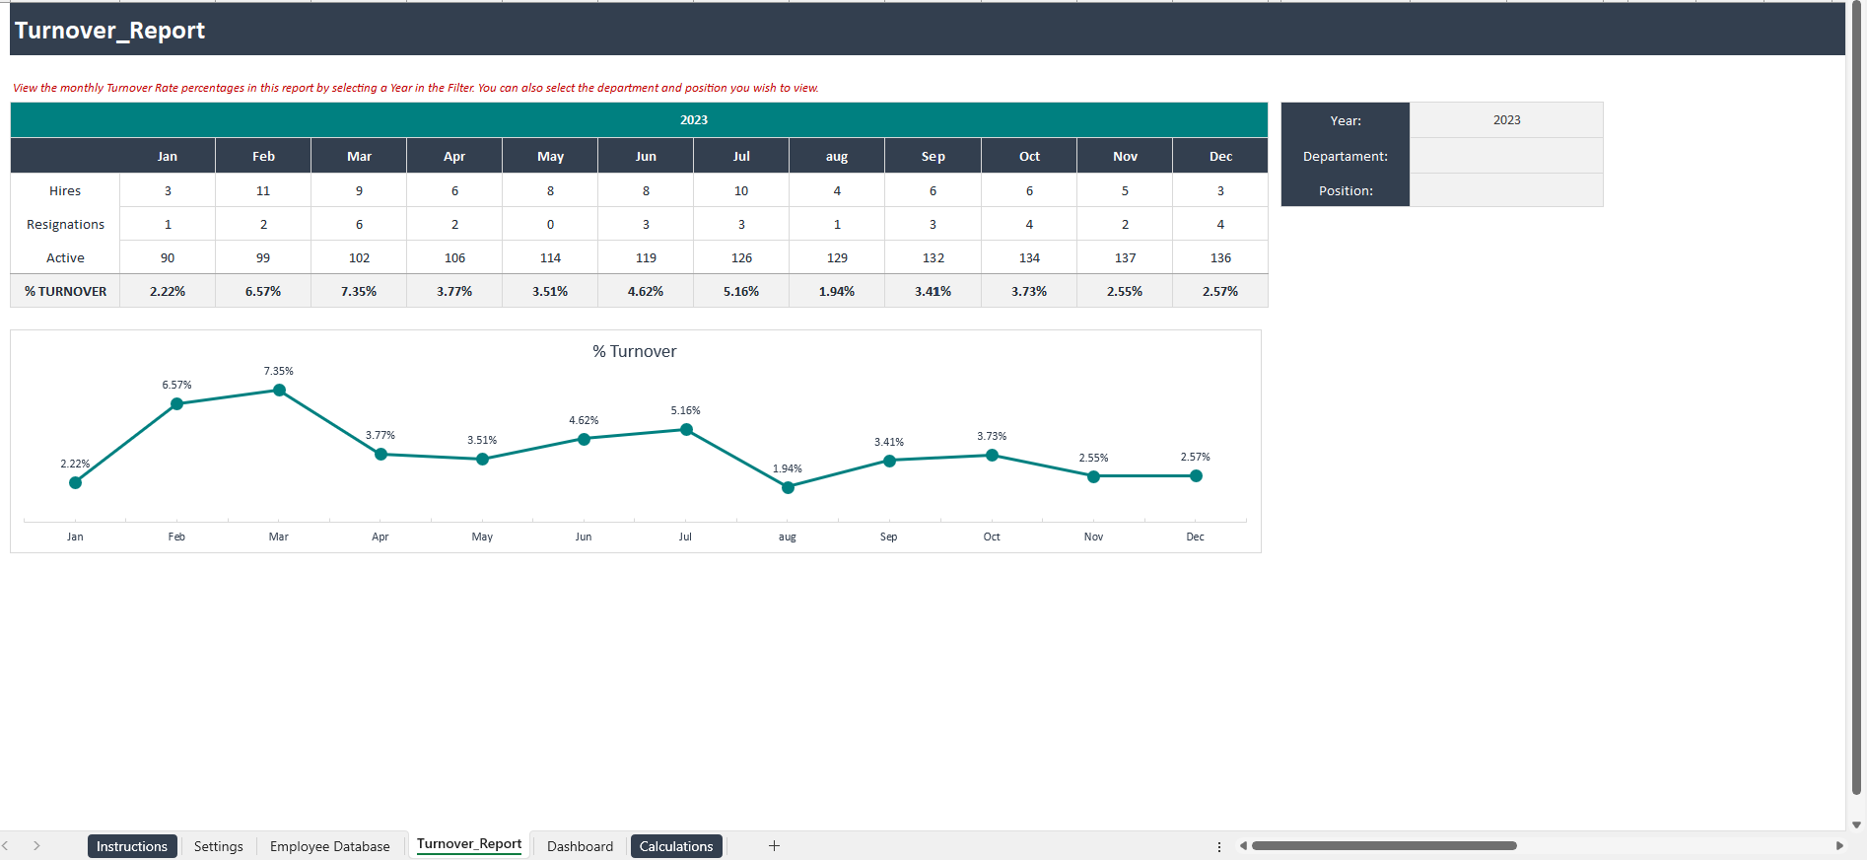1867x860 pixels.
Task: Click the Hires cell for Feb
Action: click(263, 190)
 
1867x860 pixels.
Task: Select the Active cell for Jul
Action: click(741, 257)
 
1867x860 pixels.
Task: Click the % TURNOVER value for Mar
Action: click(359, 291)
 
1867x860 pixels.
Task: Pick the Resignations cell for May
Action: click(550, 224)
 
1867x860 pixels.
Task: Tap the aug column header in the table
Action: click(836, 156)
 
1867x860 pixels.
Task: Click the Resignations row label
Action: click(65, 224)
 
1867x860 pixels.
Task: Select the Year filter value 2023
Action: click(1505, 119)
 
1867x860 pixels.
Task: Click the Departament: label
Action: click(1345, 156)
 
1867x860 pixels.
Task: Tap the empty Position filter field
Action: click(1505, 190)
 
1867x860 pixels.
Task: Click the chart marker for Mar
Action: click(279, 391)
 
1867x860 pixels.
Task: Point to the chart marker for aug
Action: click(788, 487)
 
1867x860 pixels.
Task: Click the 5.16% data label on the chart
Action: click(685, 410)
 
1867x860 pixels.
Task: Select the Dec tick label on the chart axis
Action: click(1195, 537)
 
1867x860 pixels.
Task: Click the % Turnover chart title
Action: click(634, 351)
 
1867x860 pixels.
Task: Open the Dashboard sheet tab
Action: click(580, 846)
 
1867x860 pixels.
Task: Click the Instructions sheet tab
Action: click(132, 846)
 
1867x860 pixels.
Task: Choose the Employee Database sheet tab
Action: click(329, 846)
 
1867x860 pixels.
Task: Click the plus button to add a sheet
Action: click(774, 846)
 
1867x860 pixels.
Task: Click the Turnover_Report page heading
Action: click(109, 31)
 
